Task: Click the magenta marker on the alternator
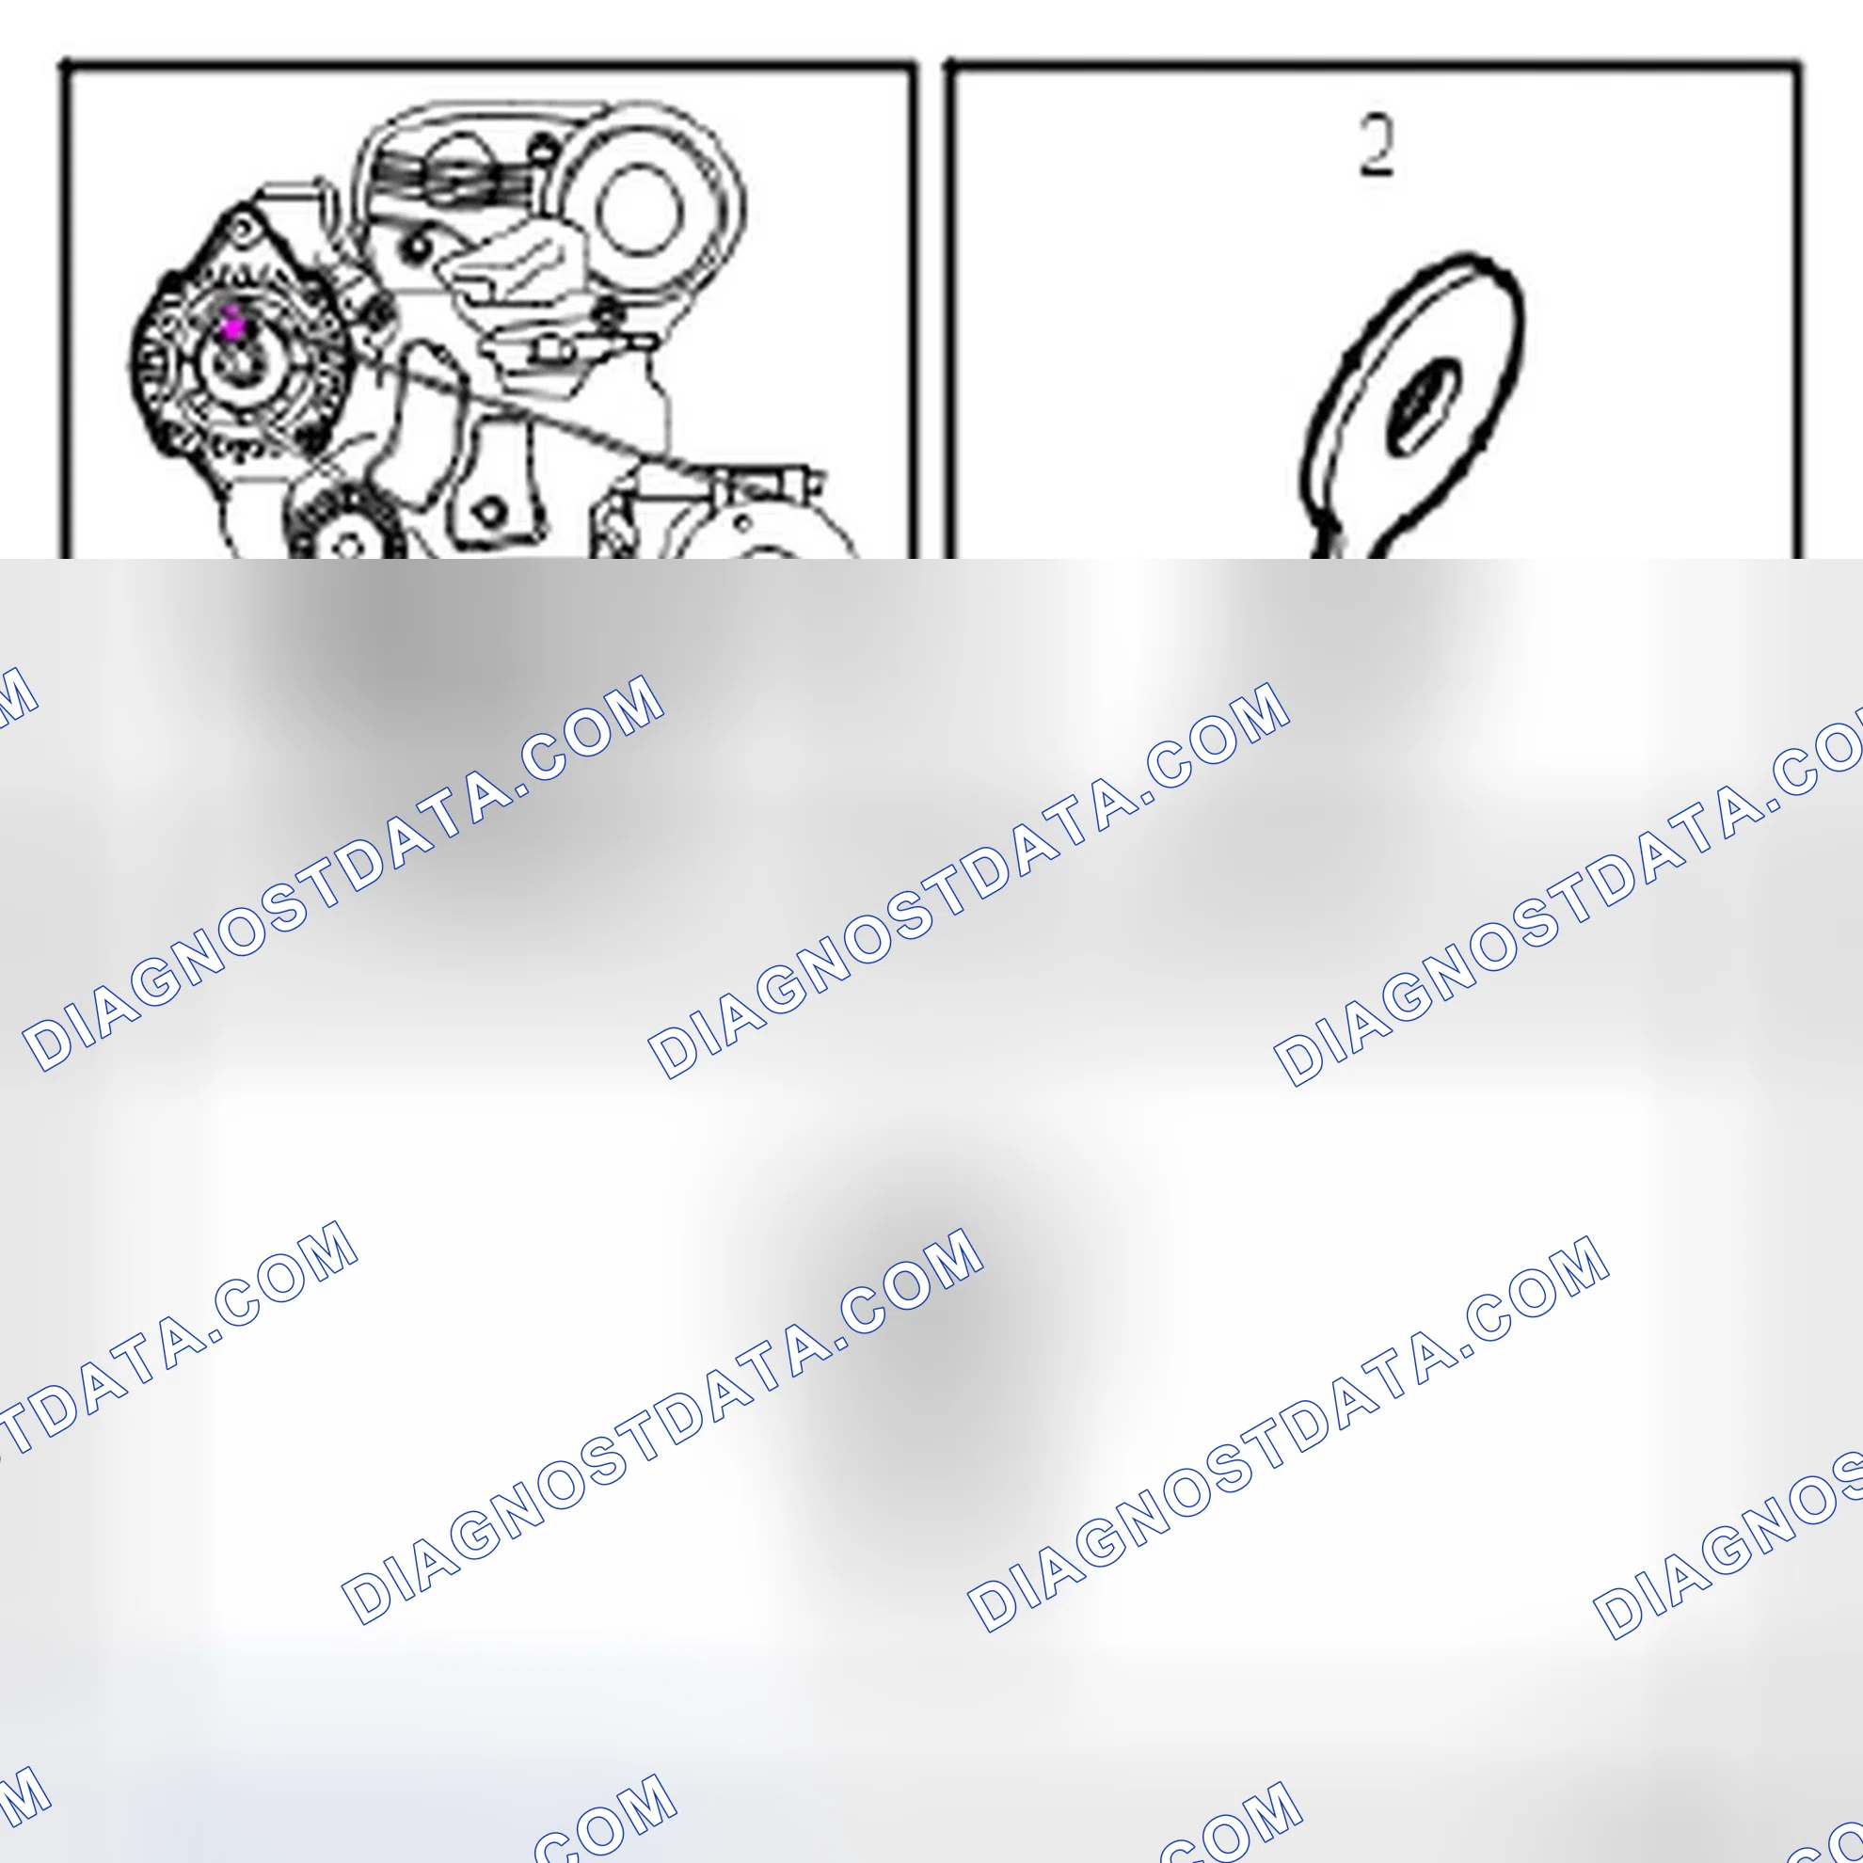click(232, 325)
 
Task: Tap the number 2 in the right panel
click(1376, 146)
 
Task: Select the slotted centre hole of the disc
click(1423, 406)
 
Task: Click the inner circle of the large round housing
click(639, 210)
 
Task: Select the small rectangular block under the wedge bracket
click(550, 348)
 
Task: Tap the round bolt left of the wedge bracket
click(417, 247)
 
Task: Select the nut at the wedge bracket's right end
click(607, 310)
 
